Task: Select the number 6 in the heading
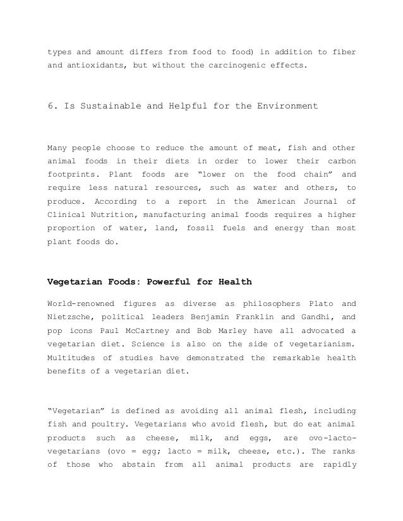point(51,106)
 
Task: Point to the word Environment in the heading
point(286,106)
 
